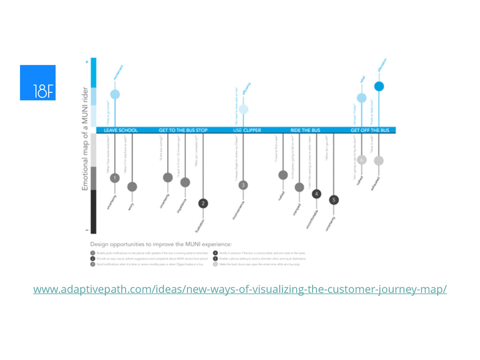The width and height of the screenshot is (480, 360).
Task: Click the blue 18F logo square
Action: (37, 82)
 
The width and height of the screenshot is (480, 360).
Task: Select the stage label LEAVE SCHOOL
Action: (120, 130)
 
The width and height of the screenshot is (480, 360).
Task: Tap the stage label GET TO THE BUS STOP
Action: (183, 130)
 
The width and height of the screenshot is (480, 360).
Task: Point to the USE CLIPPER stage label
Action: (247, 130)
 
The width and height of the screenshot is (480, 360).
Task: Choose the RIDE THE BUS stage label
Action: (306, 130)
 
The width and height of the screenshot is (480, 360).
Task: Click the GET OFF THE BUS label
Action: (370, 130)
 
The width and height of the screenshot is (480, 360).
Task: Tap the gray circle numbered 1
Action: (115, 178)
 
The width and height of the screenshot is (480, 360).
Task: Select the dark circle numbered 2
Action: (203, 203)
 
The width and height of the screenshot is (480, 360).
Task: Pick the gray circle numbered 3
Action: (243, 185)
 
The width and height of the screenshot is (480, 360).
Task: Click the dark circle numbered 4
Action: (316, 194)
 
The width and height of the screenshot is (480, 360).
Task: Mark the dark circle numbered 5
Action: (333, 200)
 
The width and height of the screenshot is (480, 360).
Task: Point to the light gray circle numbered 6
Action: (361, 160)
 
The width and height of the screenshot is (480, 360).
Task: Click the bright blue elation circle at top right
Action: (379, 86)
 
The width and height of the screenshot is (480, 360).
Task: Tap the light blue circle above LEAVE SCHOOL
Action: (115, 94)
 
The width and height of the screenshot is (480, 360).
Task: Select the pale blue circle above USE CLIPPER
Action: (243, 109)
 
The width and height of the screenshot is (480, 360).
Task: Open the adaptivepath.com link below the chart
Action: (240, 290)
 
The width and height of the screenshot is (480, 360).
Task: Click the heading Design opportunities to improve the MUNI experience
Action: (161, 244)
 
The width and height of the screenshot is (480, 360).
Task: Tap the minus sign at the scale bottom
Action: (86, 231)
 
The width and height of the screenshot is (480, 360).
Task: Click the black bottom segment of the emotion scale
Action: (93, 211)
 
